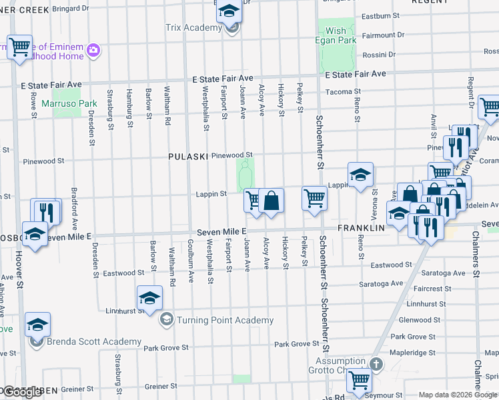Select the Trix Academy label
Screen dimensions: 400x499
193,28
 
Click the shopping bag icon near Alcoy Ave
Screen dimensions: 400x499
272,200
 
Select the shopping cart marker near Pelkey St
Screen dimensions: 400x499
314,198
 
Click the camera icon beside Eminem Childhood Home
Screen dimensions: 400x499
93,49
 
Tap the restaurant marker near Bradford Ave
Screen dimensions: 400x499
46,211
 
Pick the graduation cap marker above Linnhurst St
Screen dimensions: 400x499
150,299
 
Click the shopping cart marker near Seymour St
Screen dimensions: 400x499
360,380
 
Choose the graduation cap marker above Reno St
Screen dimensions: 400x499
360,175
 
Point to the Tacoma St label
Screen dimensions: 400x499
348,92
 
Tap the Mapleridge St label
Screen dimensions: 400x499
413,353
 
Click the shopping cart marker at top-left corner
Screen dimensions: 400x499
20,46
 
